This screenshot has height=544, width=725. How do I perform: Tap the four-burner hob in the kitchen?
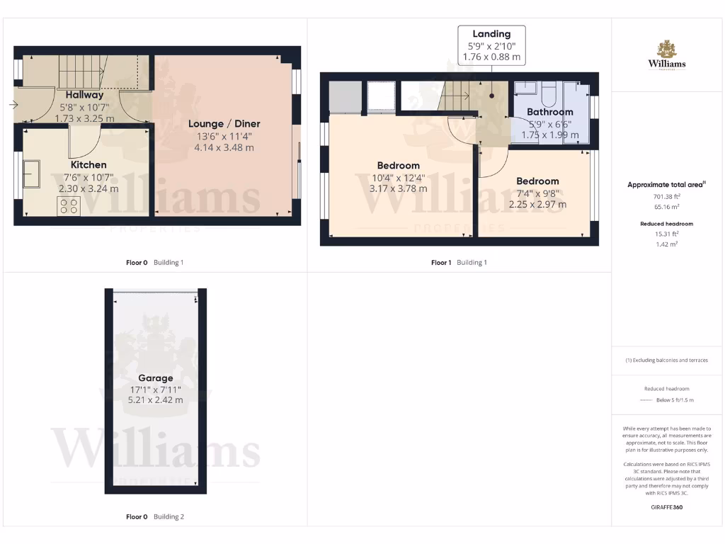click(x=69, y=206)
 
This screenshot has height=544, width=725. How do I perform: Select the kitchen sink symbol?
click(x=31, y=173)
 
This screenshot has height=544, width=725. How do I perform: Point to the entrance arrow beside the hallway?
click(x=13, y=106)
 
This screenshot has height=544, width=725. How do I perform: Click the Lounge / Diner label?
click(x=224, y=124)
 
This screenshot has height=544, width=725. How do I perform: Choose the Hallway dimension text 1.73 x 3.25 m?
click(x=84, y=118)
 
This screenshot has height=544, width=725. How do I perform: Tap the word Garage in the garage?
click(x=155, y=378)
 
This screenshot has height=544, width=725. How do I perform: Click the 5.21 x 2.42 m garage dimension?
click(x=155, y=400)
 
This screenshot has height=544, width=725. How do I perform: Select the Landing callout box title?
click(x=491, y=34)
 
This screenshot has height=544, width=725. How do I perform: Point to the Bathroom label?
click(x=549, y=112)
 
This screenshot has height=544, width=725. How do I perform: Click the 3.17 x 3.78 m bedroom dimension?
click(x=398, y=189)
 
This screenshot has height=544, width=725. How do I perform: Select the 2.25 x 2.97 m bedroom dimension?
click(x=537, y=205)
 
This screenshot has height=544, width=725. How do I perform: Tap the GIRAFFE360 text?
click(x=666, y=507)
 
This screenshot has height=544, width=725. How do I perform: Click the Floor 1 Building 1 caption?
click(x=459, y=263)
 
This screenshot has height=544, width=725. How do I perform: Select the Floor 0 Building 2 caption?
click(x=155, y=517)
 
